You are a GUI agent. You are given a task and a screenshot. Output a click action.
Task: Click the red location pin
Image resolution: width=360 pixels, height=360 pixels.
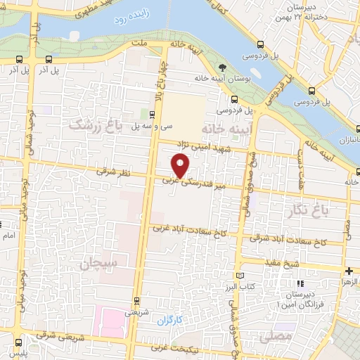(x=181, y=166)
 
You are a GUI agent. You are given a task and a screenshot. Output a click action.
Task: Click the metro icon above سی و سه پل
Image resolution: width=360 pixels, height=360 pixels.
(x=153, y=114)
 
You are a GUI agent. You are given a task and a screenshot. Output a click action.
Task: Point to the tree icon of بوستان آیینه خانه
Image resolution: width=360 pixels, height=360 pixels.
(x=223, y=68)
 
